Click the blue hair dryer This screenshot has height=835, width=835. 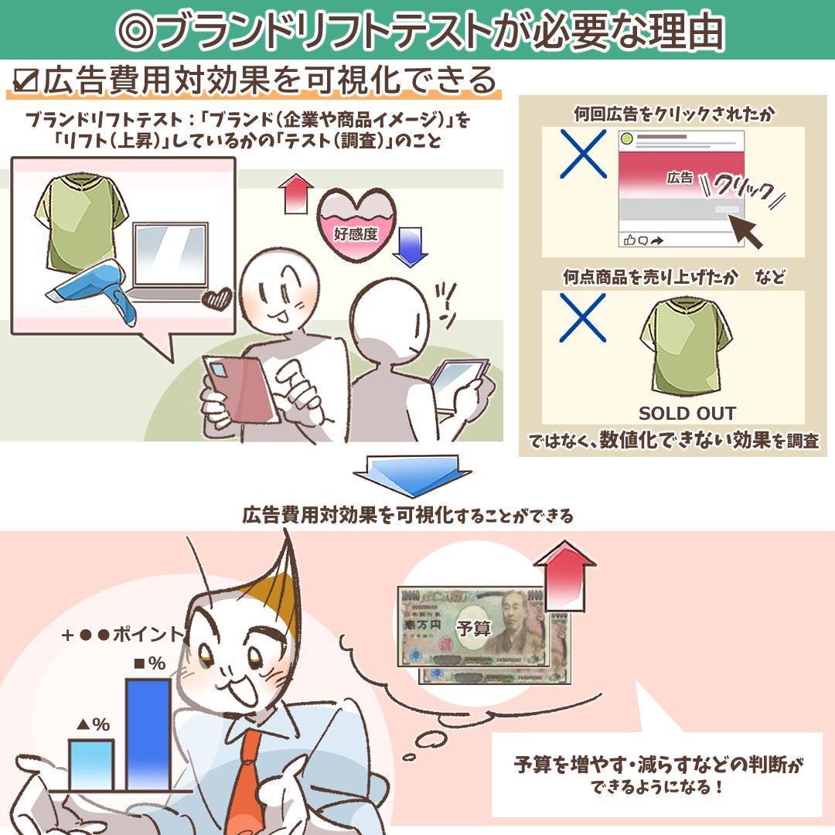[x=96, y=288]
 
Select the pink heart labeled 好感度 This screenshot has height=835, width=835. [x=356, y=224]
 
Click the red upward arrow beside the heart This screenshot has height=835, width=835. [x=295, y=194]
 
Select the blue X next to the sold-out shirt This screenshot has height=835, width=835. [x=583, y=318]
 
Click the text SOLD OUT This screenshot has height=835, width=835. [x=687, y=413]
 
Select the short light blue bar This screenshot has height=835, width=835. [x=91, y=765]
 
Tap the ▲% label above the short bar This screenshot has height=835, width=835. [x=94, y=724]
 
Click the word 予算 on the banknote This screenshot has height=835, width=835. [x=473, y=629]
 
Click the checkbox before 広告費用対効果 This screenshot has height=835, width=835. [x=25, y=81]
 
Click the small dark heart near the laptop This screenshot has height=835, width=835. [x=217, y=298]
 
